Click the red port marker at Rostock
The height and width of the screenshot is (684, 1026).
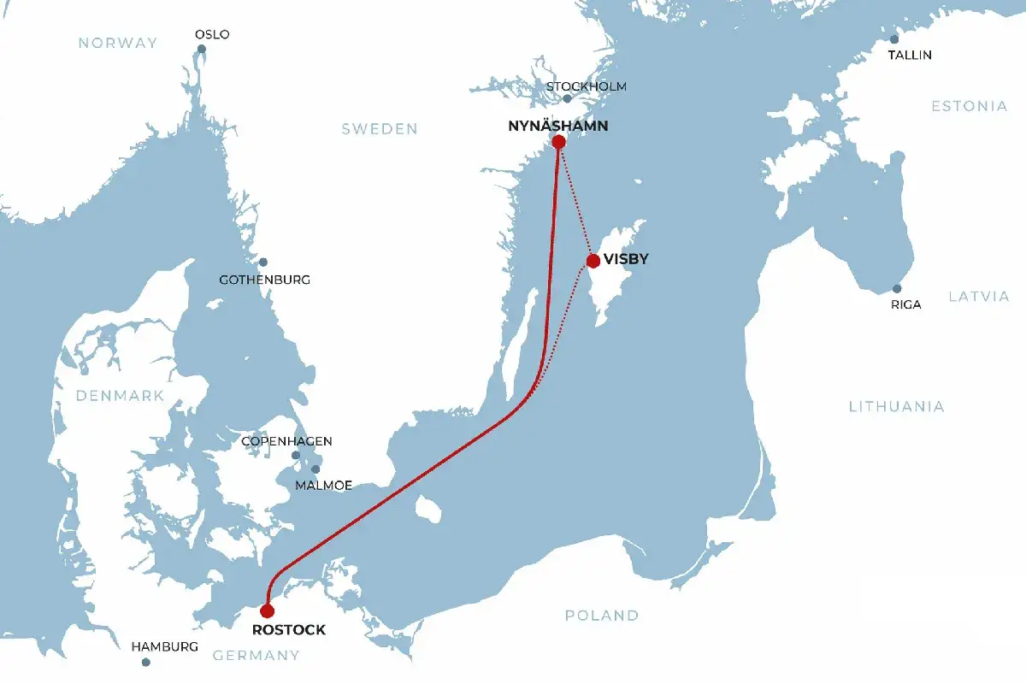(x=267, y=610)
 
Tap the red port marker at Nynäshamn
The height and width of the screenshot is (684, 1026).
(x=559, y=142)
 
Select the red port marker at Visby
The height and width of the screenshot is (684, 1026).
(x=593, y=260)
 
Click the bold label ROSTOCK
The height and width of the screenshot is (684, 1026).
(x=289, y=630)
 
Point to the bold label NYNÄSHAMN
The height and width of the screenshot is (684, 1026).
(x=558, y=126)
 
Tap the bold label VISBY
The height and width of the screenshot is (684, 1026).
(x=626, y=260)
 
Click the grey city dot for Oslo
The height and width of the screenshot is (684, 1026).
(x=202, y=49)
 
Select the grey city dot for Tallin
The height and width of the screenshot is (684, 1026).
(x=894, y=39)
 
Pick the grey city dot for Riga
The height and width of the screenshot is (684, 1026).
(x=897, y=289)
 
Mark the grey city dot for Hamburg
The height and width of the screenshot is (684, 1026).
(x=145, y=662)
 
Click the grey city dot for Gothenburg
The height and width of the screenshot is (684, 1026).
(x=263, y=262)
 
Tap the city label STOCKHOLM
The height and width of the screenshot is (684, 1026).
(x=587, y=86)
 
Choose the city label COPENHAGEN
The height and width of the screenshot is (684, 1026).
(x=286, y=441)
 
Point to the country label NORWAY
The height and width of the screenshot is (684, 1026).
(x=118, y=43)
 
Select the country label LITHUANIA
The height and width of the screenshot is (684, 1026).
(x=896, y=406)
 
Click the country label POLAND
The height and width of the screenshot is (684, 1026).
(x=601, y=615)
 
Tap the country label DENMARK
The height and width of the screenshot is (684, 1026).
(x=119, y=396)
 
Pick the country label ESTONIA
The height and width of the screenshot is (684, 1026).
(x=969, y=106)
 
